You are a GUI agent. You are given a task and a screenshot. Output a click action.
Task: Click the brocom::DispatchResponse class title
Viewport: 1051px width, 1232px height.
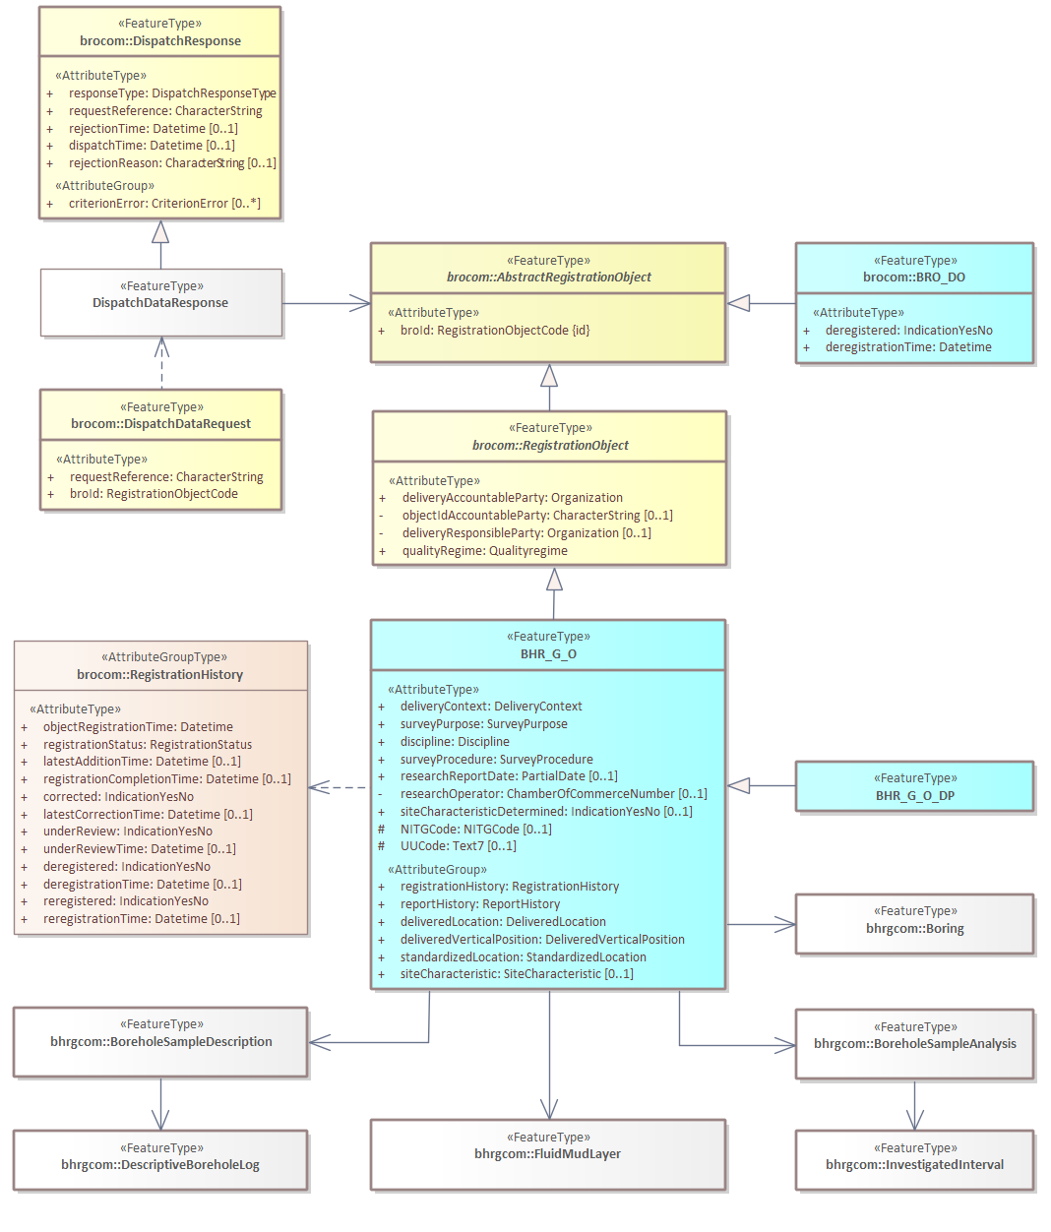160,41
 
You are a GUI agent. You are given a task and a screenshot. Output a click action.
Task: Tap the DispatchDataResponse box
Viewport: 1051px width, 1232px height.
160,303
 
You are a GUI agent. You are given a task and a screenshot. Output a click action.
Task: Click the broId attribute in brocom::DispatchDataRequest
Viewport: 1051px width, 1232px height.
153,494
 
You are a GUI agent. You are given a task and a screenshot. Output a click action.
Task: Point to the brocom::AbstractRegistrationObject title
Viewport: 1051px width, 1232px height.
548,277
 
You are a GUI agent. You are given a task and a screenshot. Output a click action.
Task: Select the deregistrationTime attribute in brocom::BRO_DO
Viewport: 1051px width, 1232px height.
907,347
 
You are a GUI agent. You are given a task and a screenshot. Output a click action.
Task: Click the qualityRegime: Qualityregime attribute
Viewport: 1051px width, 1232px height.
484,551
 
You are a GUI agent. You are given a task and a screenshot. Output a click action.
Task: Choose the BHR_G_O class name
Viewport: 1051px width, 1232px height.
548,654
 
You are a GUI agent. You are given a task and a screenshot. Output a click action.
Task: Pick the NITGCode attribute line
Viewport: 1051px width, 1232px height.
475,830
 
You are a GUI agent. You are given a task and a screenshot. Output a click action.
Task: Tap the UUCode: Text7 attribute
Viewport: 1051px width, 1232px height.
458,846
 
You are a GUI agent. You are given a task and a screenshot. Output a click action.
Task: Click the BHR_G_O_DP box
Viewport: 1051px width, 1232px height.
914,796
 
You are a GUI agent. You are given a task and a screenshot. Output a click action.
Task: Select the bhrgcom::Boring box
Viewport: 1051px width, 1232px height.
914,929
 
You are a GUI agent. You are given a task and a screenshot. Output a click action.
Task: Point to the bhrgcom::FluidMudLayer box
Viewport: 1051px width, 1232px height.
547,1154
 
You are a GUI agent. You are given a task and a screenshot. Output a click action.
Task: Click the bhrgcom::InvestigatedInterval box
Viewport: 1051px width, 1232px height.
914,1165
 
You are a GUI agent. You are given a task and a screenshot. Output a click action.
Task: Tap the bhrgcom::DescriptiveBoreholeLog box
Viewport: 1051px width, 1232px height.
160,1165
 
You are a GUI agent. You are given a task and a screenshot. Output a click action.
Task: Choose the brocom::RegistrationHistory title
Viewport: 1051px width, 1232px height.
160,675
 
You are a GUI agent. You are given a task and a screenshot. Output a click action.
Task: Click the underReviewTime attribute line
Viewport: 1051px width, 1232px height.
139,849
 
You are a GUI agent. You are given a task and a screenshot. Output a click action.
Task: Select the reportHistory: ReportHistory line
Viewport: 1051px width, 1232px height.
479,904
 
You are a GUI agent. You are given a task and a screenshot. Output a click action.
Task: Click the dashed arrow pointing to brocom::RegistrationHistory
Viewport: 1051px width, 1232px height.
340,787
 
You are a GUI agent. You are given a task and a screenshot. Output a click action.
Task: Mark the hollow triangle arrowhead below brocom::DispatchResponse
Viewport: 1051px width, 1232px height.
160,232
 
